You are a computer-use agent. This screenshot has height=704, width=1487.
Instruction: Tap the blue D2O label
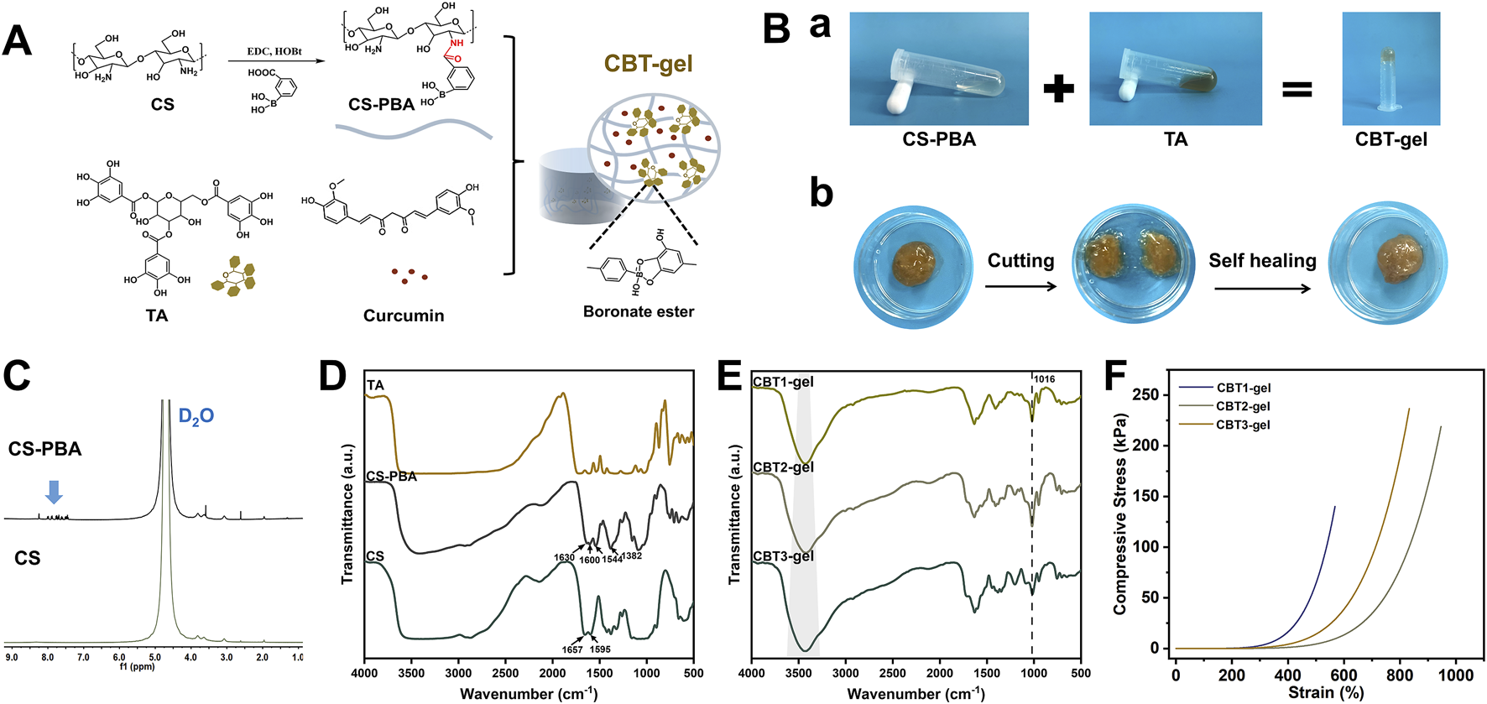pyautogui.click(x=196, y=415)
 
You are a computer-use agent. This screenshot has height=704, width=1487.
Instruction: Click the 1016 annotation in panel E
pyautogui.click(x=1044, y=379)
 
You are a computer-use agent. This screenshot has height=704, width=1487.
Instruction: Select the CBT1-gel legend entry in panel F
pyautogui.click(x=1243, y=388)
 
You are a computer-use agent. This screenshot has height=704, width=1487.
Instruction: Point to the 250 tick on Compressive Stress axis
pyautogui.click(x=1145, y=394)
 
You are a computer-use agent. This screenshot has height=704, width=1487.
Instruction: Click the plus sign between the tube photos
pyautogui.click(x=1058, y=87)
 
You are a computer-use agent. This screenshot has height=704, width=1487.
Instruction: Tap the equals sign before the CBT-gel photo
pyautogui.click(x=1297, y=88)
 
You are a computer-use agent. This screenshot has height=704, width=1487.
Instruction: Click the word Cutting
pyautogui.click(x=1020, y=260)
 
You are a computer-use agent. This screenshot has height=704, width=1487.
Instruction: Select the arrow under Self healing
pyautogui.click(x=1262, y=289)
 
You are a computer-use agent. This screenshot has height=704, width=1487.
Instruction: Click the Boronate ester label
pyautogui.click(x=639, y=311)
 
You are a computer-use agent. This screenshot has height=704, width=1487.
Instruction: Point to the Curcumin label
pyautogui.click(x=404, y=315)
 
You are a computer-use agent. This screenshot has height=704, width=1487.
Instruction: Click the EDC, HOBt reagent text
pyautogui.click(x=274, y=51)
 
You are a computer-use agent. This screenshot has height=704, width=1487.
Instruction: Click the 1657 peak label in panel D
pyautogui.click(x=572, y=649)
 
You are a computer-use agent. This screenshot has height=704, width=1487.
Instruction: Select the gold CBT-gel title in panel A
pyautogui.click(x=649, y=64)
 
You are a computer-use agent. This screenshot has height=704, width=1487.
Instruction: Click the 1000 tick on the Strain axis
pyautogui.click(x=1456, y=675)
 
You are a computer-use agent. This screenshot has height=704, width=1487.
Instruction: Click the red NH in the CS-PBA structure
pyautogui.click(x=457, y=43)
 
